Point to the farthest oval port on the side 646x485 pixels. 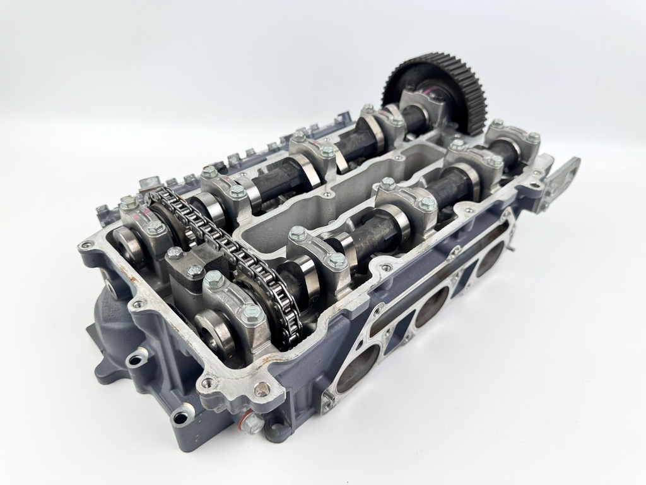click(490, 258)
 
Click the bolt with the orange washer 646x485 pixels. click(254, 422)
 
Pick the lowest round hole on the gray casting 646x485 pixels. click(181, 417)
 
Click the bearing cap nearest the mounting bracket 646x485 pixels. click(514, 142)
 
